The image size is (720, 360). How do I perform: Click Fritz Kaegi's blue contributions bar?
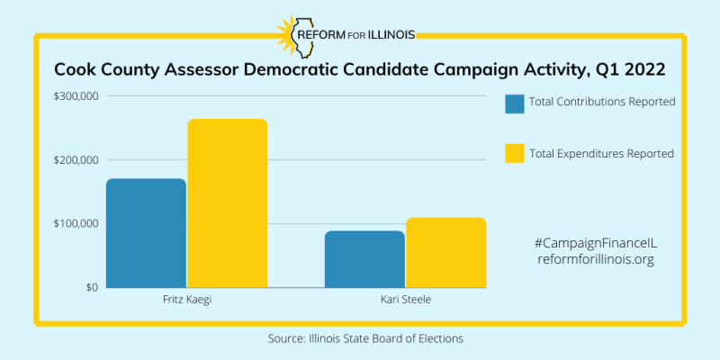146,233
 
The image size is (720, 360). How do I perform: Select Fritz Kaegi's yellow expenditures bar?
228,203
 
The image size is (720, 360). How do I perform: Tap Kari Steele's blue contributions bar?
364,259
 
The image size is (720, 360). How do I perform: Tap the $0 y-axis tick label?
91,287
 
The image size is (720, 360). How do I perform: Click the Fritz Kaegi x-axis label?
187,300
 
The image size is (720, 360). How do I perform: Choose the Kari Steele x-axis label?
405,300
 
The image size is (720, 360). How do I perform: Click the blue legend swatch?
515,103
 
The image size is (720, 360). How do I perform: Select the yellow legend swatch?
515,153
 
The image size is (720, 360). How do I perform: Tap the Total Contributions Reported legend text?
602,102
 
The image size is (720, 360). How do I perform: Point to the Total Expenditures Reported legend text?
601,153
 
